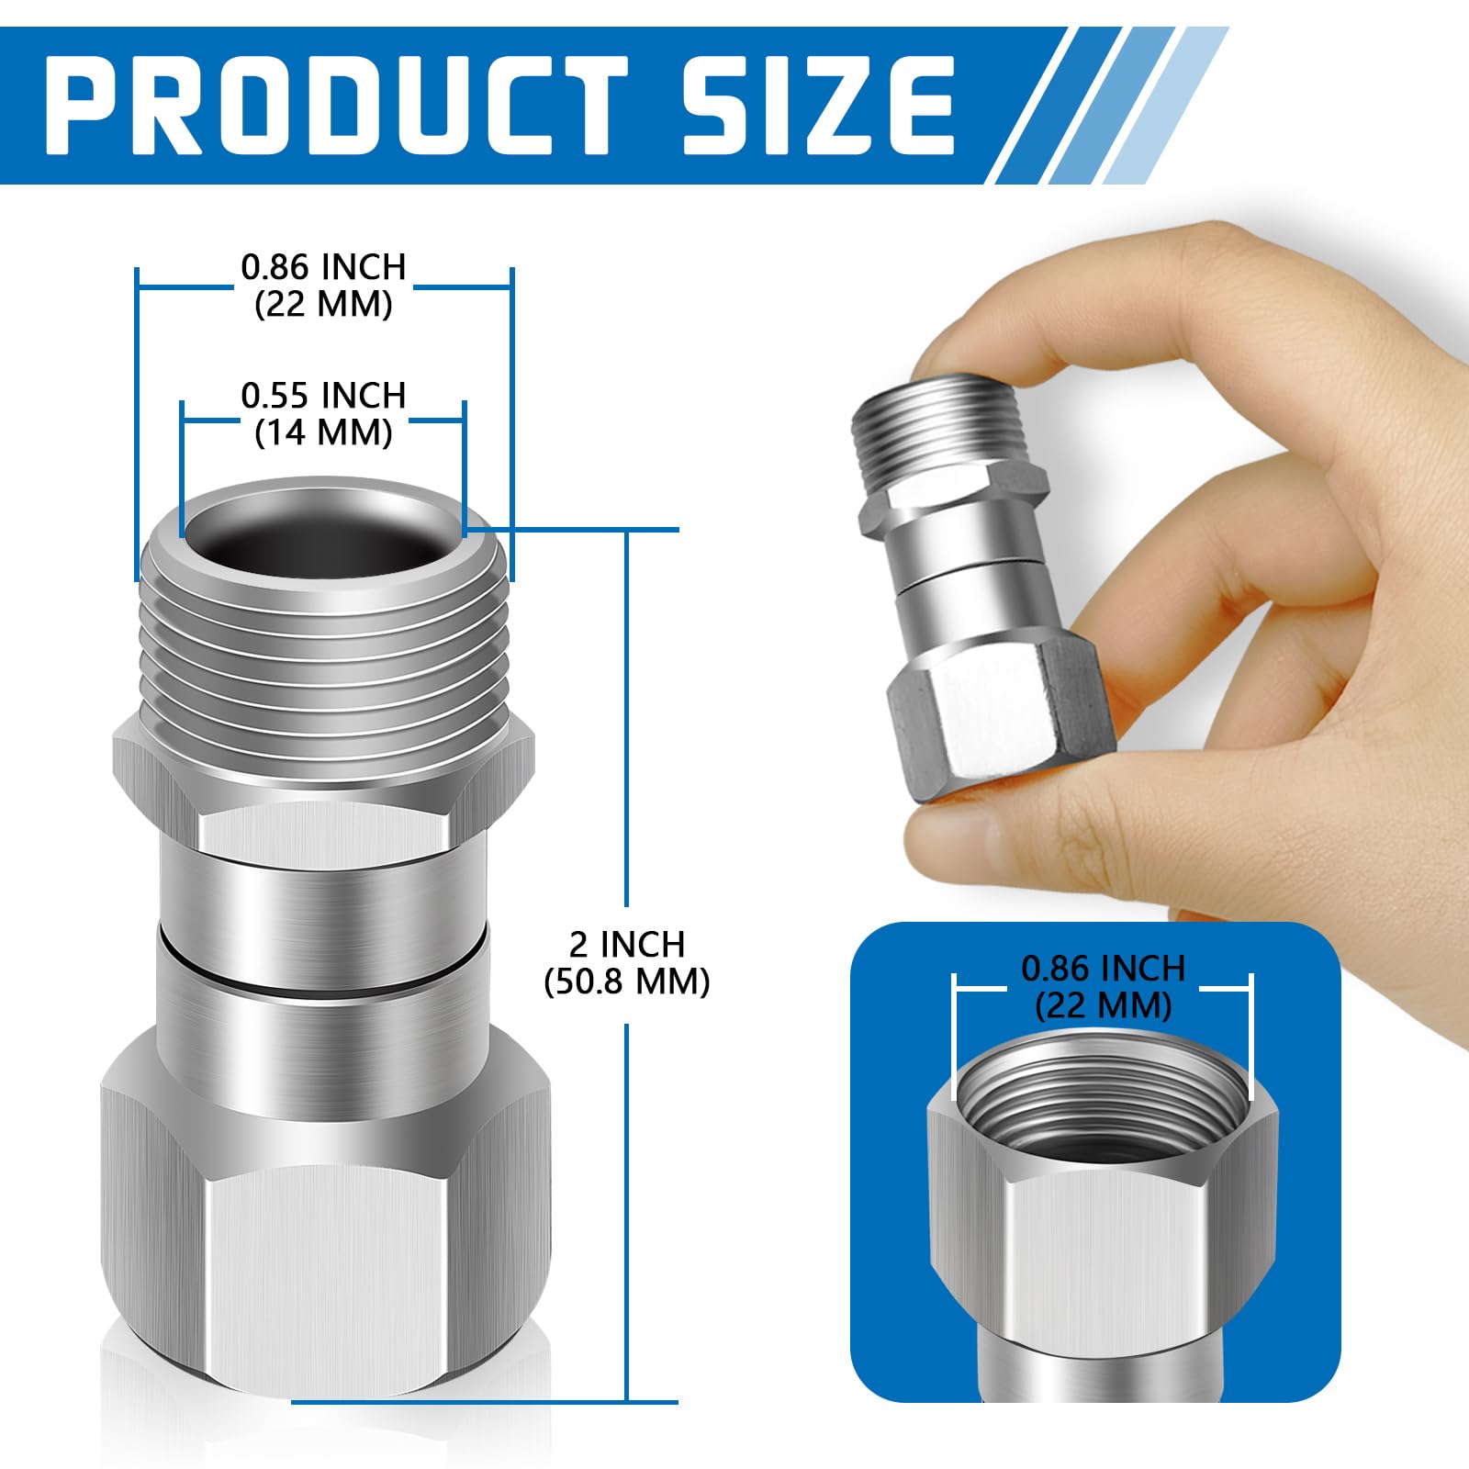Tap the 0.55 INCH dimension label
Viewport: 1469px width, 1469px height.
coord(323,396)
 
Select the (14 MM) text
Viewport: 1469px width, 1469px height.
coord(323,432)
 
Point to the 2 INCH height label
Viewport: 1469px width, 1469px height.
coord(627,944)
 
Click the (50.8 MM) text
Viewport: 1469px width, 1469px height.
coord(627,982)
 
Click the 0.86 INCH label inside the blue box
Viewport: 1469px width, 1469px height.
coord(1103,968)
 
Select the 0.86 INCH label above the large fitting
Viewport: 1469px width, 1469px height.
coord(323,267)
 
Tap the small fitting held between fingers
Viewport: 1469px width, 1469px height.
coord(973,588)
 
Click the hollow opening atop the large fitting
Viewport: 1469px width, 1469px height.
coord(321,542)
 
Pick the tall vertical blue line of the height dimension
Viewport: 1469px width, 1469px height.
coord(627,734)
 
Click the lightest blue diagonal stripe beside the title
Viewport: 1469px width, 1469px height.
coord(1166,101)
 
